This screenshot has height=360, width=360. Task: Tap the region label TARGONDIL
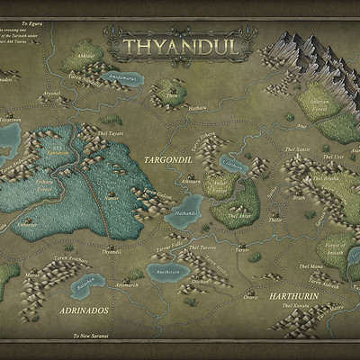point(168,158)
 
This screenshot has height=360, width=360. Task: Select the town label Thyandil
point(111,252)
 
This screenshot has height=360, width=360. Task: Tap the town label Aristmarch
point(128,285)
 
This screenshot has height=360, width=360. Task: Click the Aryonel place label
point(51,94)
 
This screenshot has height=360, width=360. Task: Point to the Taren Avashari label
point(71,259)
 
